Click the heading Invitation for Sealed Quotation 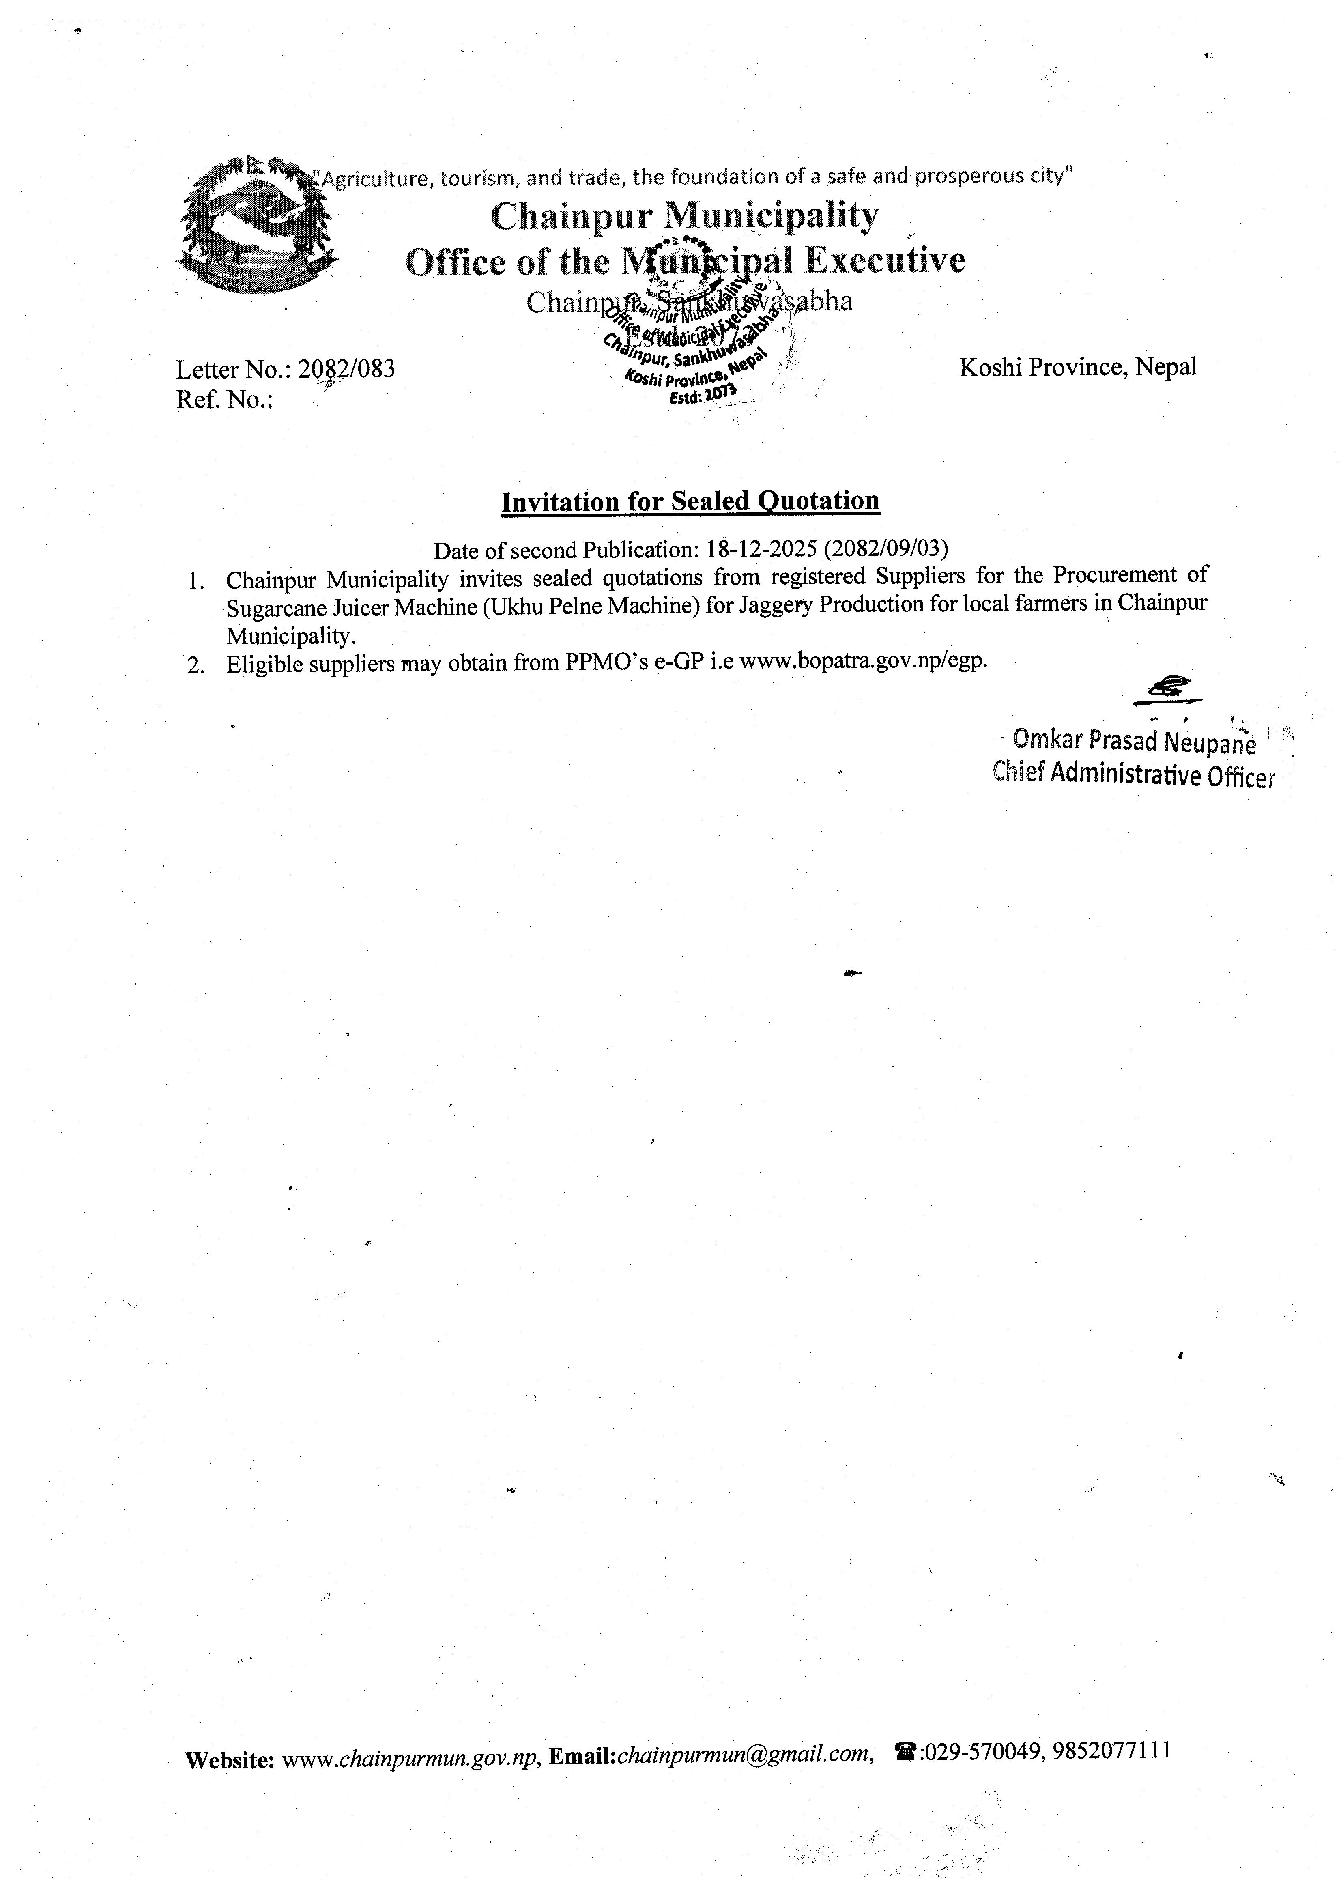(690, 501)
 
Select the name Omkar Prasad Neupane (1134, 742)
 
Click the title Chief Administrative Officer (1134, 775)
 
